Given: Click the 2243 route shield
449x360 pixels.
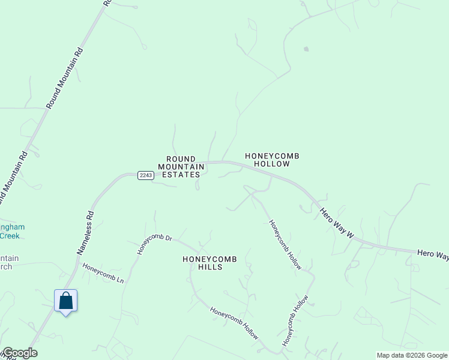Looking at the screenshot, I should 146,175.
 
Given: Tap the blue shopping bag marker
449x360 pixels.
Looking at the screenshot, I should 66,301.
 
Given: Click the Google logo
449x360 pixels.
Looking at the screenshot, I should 19,353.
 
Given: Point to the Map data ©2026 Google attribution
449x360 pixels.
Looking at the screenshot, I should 412,355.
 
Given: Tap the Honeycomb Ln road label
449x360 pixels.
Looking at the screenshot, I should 103,273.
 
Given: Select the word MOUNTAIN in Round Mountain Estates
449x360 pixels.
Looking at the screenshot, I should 181,167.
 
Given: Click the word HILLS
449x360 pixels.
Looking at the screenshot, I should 210,267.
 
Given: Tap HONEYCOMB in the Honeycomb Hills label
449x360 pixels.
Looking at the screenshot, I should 210,259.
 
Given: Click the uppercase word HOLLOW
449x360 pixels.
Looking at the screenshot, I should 272,164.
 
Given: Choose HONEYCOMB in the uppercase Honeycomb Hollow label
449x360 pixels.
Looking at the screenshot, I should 272,156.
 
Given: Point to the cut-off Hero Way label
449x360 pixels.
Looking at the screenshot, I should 433,256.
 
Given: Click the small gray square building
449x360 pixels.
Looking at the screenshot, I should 306,49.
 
